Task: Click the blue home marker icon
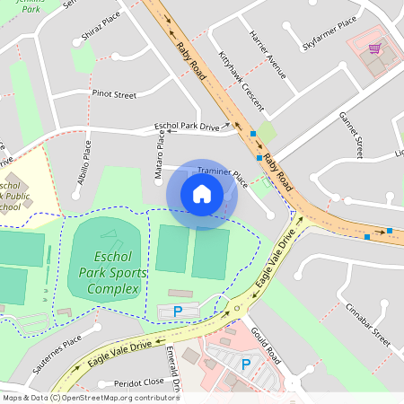click(202, 194)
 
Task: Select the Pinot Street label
click(113, 93)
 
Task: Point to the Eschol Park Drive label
click(187, 127)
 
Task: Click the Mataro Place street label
click(159, 154)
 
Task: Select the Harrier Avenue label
click(269, 58)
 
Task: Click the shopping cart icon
click(375, 48)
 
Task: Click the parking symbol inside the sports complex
click(177, 311)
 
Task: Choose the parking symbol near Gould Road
click(245, 364)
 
